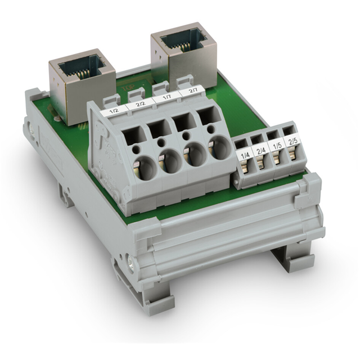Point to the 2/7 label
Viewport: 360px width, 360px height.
192,91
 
